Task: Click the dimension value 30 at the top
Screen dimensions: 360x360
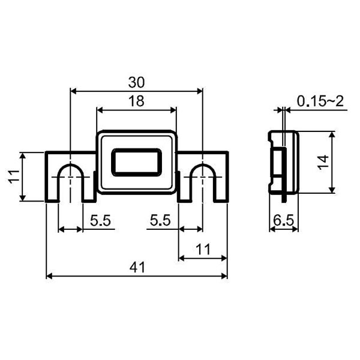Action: [136, 82]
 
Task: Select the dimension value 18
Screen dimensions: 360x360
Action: [136, 101]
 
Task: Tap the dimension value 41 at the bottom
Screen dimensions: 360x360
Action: [137, 268]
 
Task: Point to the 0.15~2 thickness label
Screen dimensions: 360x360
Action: [320, 101]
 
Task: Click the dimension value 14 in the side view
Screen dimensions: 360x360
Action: [323, 163]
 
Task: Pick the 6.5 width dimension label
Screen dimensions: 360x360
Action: [284, 221]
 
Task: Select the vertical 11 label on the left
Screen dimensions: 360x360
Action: [14, 176]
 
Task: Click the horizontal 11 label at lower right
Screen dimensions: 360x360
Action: [203, 250]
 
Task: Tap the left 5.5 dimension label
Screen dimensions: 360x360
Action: [100, 221]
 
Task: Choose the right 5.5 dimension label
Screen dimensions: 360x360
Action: [160, 221]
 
